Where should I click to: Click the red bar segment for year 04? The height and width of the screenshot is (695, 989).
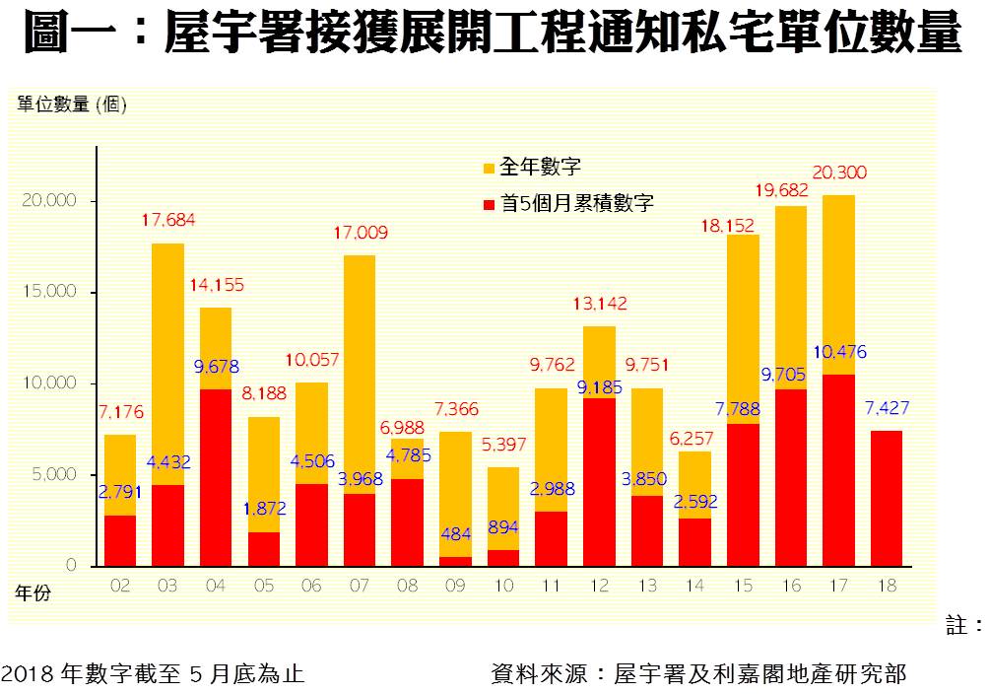(x=216, y=477)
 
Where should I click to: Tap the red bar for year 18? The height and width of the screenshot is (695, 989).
(x=886, y=498)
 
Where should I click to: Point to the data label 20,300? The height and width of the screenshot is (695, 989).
(x=839, y=173)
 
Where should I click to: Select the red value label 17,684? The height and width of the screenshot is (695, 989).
(x=167, y=220)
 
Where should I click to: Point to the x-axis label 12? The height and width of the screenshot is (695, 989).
(x=599, y=586)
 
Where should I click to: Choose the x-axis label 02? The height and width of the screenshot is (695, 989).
(x=120, y=586)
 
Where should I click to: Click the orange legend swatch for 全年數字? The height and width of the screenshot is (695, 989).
(x=488, y=168)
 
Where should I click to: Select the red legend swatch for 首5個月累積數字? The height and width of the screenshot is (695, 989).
(x=488, y=204)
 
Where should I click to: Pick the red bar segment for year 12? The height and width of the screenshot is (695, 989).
(x=599, y=482)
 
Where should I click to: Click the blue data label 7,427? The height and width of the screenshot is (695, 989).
(x=887, y=409)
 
